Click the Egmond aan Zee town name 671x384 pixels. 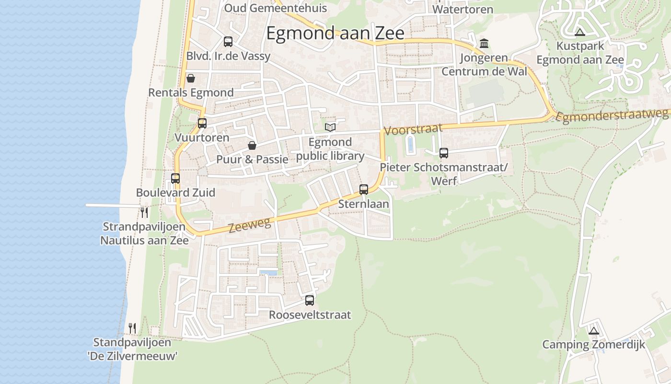(335, 33)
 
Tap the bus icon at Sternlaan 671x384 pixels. (364, 190)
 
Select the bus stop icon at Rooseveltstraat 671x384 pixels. (310, 300)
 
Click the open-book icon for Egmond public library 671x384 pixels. (330, 127)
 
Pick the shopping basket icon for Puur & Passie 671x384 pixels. (252, 145)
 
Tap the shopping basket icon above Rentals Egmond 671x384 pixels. (191, 78)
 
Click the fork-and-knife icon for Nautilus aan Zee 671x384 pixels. (144, 212)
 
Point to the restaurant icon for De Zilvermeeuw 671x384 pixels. (132, 328)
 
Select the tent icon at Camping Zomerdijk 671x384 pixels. (594, 331)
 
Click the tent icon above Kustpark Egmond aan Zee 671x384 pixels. (580, 33)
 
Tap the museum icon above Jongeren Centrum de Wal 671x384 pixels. (484, 44)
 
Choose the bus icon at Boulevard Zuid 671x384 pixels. (175, 179)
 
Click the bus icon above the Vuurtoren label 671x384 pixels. (202, 123)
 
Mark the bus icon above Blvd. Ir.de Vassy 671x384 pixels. (228, 42)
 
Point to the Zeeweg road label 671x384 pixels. (250, 225)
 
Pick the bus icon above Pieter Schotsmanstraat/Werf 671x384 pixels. (444, 153)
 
